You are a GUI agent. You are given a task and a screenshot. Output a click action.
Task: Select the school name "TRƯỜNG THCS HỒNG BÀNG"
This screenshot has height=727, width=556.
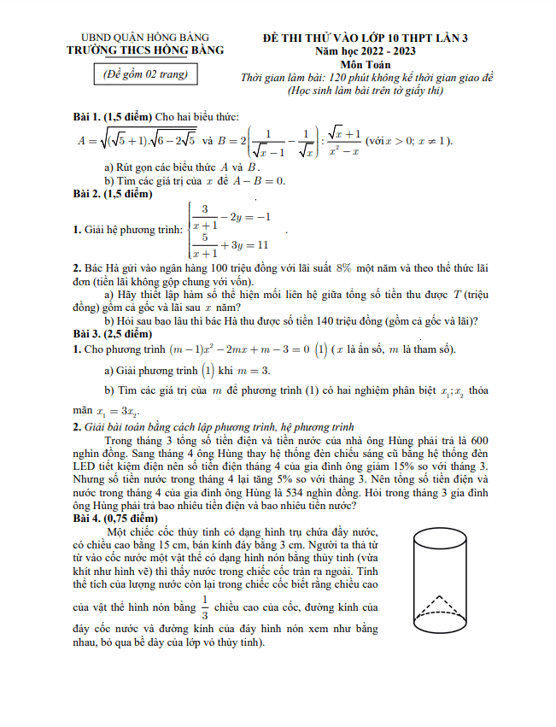point(144,50)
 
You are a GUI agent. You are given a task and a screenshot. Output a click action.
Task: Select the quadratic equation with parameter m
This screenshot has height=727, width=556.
point(231,349)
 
